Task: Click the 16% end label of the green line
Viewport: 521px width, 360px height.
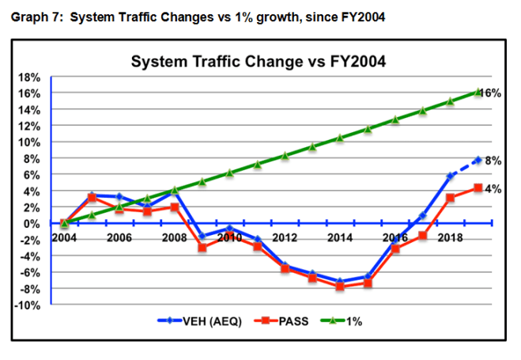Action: [491, 93]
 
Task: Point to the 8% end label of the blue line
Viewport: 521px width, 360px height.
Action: [493, 159]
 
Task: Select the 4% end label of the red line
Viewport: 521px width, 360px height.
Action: [493, 188]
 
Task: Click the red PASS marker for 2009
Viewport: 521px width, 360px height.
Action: [202, 248]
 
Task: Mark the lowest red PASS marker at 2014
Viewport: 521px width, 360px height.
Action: [340, 286]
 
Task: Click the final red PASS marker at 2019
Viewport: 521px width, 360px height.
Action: [478, 188]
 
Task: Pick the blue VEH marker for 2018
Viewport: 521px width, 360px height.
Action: [450, 176]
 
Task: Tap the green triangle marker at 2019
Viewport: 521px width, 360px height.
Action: [478, 92]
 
